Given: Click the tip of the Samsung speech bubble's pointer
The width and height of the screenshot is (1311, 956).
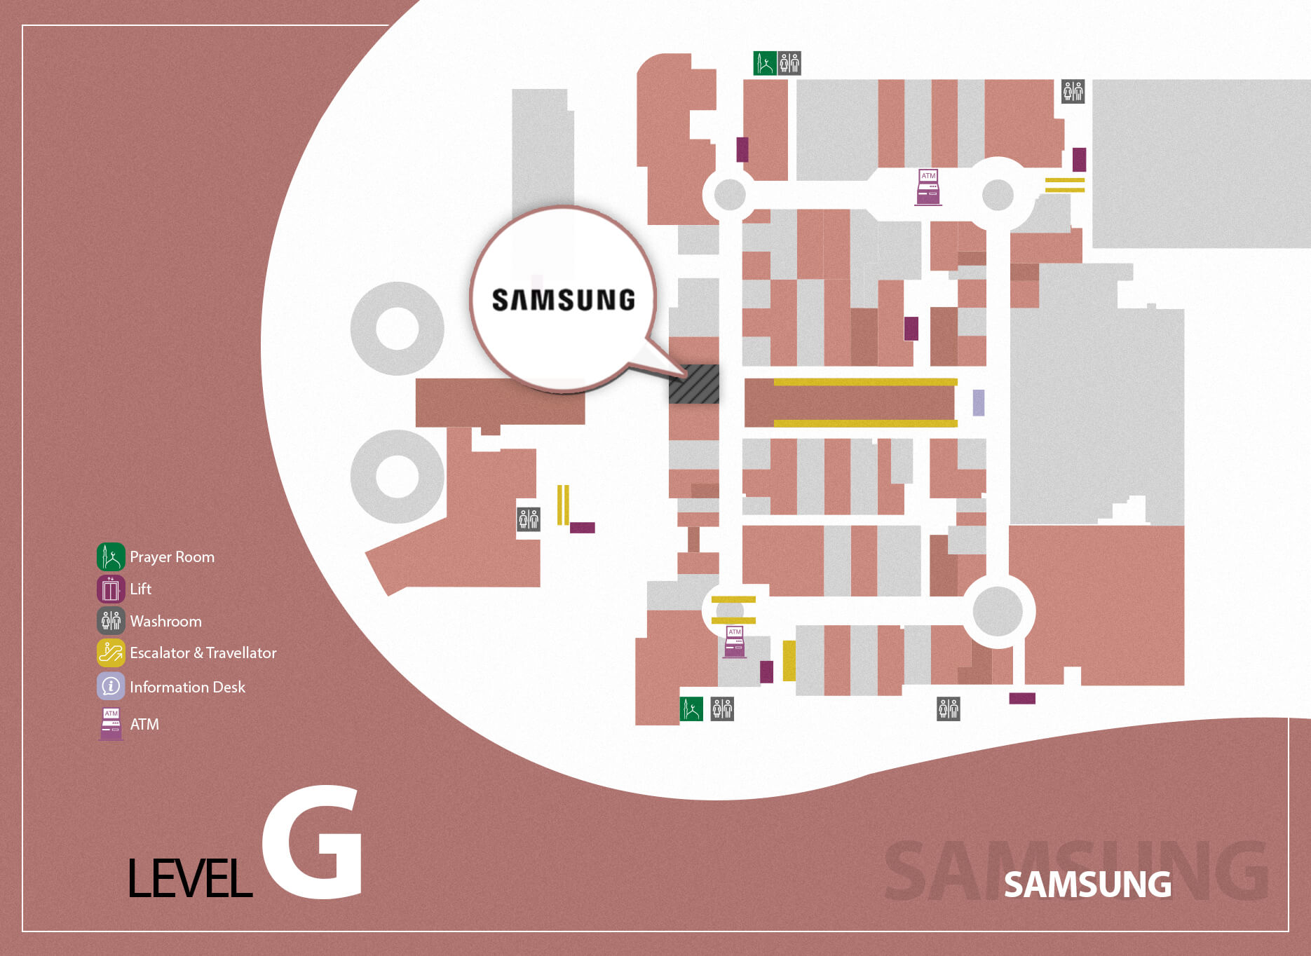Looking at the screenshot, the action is tap(684, 373).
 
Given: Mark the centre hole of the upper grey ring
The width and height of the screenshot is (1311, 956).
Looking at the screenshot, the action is tap(398, 328).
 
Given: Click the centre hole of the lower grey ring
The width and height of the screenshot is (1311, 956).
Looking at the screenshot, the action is tap(398, 476).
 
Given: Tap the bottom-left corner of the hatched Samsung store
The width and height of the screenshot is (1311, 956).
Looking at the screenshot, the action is tap(669, 404).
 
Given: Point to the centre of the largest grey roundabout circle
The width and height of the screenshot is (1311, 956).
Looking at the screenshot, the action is tap(998, 611).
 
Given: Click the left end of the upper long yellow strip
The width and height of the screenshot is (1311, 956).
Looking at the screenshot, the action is tap(774, 382).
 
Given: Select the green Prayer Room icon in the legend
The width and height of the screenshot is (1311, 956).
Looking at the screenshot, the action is tap(111, 556).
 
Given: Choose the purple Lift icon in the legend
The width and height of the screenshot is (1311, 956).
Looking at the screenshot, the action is tap(111, 589).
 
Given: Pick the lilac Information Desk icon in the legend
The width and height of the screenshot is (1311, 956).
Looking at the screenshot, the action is tap(111, 686).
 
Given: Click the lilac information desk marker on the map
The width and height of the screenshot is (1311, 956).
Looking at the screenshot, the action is tap(979, 403).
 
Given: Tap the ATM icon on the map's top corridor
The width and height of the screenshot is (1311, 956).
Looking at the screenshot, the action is tap(928, 187).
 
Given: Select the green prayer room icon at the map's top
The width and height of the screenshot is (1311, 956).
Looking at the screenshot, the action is tap(765, 63).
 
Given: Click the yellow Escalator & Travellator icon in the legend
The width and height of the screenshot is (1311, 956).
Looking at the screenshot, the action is tap(111, 653).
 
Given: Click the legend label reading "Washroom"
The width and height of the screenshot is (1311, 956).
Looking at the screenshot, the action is tap(166, 621).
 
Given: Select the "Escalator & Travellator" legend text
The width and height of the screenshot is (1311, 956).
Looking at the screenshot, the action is tap(203, 653).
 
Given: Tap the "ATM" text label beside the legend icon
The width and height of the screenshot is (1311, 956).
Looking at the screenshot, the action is tap(144, 724).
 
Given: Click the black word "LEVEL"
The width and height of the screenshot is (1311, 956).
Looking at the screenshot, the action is tap(190, 878).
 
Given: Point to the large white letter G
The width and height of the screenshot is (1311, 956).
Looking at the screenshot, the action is tap(313, 842).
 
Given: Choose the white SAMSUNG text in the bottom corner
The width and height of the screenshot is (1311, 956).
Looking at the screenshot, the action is tap(1088, 885).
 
